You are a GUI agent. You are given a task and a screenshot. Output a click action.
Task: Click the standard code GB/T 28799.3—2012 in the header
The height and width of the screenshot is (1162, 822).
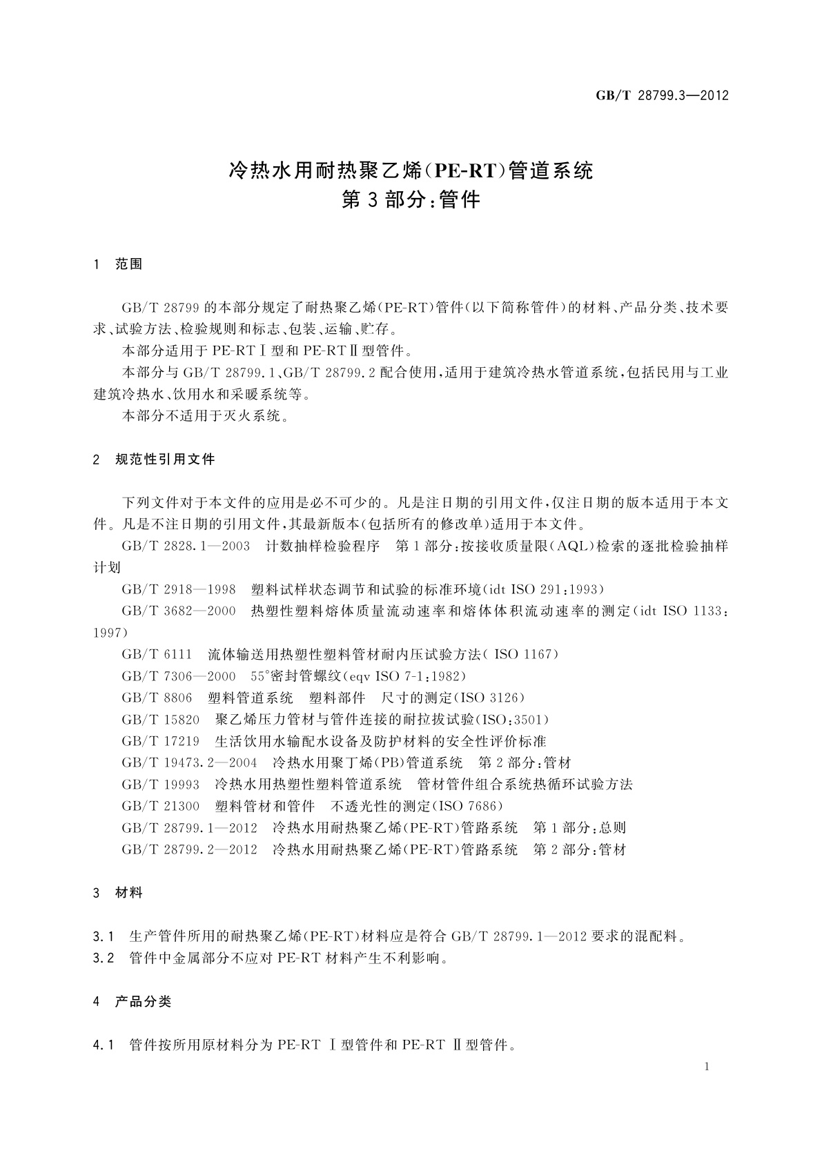click(x=662, y=96)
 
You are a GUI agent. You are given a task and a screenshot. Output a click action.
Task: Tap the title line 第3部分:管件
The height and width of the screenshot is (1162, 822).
click(x=411, y=200)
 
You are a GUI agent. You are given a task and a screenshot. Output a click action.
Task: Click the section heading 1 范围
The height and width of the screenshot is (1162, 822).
click(x=118, y=264)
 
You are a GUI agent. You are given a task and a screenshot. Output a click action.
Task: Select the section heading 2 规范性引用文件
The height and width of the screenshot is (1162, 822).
click(x=154, y=460)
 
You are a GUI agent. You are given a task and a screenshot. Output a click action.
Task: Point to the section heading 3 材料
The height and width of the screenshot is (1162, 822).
click(x=118, y=893)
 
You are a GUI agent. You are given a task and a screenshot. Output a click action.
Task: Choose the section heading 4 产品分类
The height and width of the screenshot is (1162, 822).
click(x=133, y=1001)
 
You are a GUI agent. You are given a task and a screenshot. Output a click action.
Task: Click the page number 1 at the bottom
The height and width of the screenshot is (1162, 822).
click(x=707, y=1067)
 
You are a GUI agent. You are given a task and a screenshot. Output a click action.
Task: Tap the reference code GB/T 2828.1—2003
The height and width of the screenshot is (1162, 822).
click(x=186, y=546)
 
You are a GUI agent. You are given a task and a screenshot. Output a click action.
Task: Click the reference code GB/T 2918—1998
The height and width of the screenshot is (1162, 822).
click(x=179, y=589)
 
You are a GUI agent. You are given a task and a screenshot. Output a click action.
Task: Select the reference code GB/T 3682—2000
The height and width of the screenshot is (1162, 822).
click(x=179, y=611)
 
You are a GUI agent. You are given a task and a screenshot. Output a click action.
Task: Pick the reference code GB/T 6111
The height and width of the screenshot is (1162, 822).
click(x=157, y=654)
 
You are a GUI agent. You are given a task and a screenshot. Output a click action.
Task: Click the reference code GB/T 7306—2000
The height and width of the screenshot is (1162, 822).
click(x=179, y=676)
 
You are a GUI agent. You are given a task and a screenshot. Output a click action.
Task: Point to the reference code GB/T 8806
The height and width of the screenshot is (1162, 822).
click(x=157, y=698)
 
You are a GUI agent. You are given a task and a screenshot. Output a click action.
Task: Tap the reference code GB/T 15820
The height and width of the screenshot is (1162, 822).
click(x=160, y=720)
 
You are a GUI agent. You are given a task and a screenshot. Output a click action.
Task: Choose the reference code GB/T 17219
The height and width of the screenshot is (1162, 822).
click(x=160, y=741)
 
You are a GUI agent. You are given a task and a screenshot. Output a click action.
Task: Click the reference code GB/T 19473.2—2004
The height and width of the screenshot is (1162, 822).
click(x=189, y=762)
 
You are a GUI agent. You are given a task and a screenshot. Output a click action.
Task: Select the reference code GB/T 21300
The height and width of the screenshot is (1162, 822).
click(x=160, y=806)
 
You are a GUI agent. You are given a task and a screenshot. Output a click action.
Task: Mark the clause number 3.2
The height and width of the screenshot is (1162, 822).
click(x=103, y=958)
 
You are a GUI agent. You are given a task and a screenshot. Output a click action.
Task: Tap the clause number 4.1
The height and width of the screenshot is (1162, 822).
click(x=103, y=1045)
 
